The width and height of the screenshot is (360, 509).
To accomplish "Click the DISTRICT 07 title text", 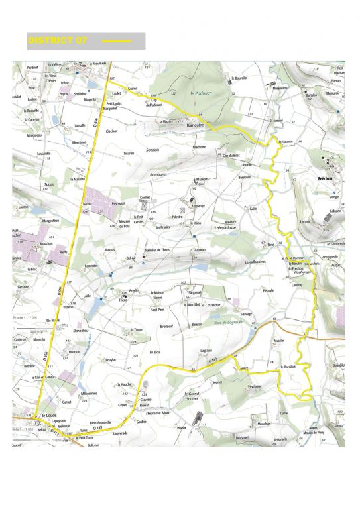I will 58,41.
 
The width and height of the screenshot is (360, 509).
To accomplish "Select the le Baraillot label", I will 288,366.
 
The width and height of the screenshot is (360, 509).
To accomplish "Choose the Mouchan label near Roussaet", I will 264,423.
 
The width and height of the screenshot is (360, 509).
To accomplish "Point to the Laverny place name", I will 297,284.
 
